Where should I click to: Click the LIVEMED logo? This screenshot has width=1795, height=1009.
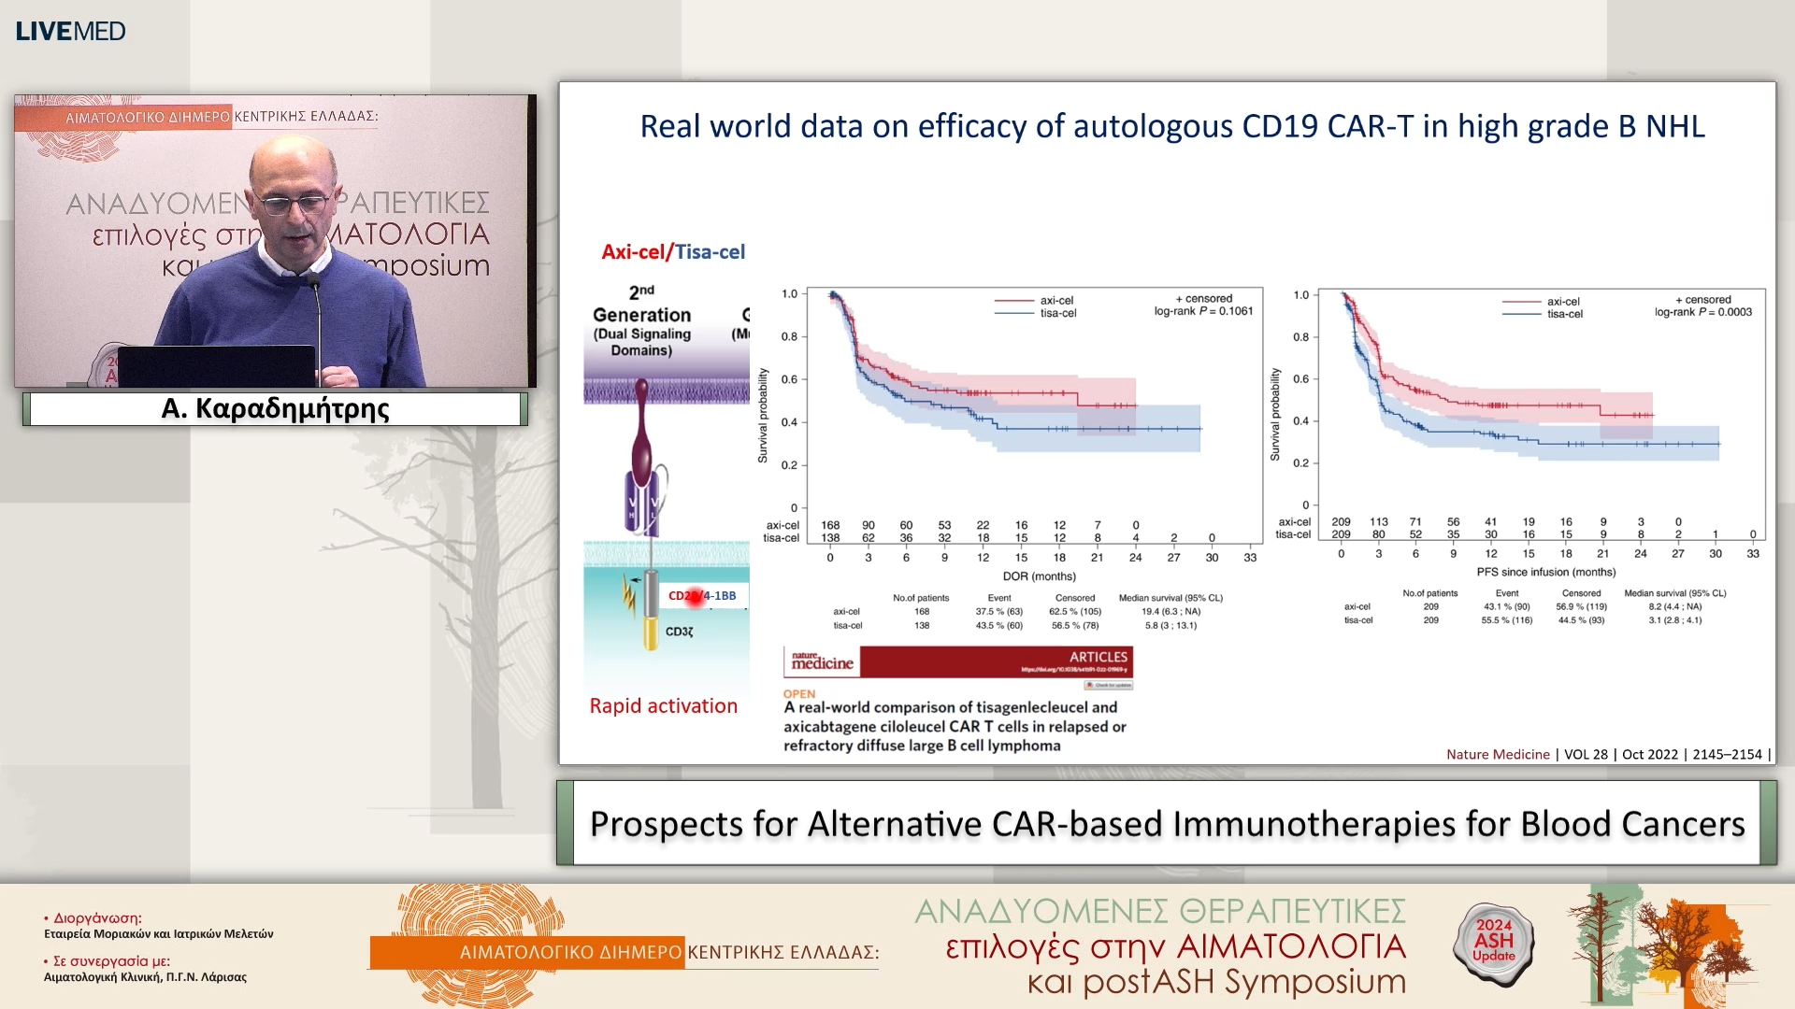point(70,31)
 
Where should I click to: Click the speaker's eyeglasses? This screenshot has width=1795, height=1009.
point(292,203)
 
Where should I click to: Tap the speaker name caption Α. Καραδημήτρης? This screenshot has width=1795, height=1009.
point(275,409)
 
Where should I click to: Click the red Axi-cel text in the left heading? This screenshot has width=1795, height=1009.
point(632,251)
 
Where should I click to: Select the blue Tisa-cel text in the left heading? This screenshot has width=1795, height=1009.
point(711,251)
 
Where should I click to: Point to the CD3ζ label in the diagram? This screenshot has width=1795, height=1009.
point(680,632)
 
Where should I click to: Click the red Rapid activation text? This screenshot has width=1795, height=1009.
point(663,706)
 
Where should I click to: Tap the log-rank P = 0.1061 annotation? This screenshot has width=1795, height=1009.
point(1203,311)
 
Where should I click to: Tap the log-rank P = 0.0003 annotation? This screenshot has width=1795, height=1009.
point(1702,312)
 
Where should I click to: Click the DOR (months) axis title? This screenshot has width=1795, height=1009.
point(1039,576)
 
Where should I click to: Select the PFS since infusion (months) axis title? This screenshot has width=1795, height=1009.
point(1545,572)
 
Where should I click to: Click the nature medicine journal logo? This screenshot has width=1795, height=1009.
point(822,661)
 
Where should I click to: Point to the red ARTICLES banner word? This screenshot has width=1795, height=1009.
point(1098,657)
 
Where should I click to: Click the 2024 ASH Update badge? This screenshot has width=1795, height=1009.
point(1493,941)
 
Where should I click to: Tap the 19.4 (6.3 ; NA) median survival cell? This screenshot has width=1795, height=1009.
point(1170,612)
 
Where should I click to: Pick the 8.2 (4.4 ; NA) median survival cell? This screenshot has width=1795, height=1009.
point(1674,606)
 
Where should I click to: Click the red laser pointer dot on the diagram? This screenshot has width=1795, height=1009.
point(695,597)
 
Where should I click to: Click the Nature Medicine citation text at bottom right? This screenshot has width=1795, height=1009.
point(1498,755)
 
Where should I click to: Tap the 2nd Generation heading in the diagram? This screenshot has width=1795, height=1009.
point(641,306)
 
